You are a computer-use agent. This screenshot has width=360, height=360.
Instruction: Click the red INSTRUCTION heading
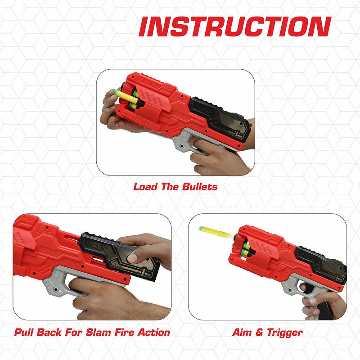[234, 27]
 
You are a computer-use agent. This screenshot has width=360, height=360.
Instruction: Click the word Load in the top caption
[145, 187]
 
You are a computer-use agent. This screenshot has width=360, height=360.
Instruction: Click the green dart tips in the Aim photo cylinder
[247, 250]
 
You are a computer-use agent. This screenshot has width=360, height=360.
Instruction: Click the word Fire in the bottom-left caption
[125, 333]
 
